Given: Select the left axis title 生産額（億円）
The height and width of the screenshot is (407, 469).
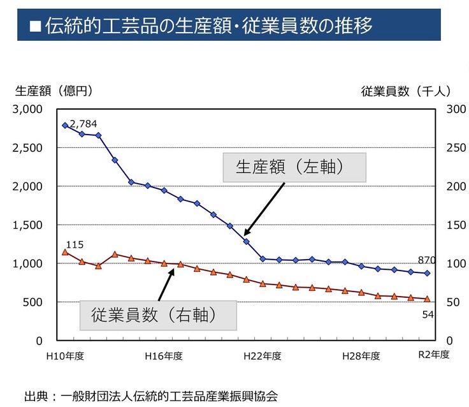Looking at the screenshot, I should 54,91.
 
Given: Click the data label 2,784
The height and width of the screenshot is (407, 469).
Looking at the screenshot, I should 83,123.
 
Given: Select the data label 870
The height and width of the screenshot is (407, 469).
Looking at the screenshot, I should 426,260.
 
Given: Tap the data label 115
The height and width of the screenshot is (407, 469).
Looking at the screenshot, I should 75,244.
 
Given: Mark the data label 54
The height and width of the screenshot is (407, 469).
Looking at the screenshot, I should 428,314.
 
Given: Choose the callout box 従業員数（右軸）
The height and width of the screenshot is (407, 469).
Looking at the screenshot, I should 157,314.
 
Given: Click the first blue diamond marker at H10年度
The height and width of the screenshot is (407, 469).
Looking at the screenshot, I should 65,125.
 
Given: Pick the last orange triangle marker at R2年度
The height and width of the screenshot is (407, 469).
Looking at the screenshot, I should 428,299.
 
